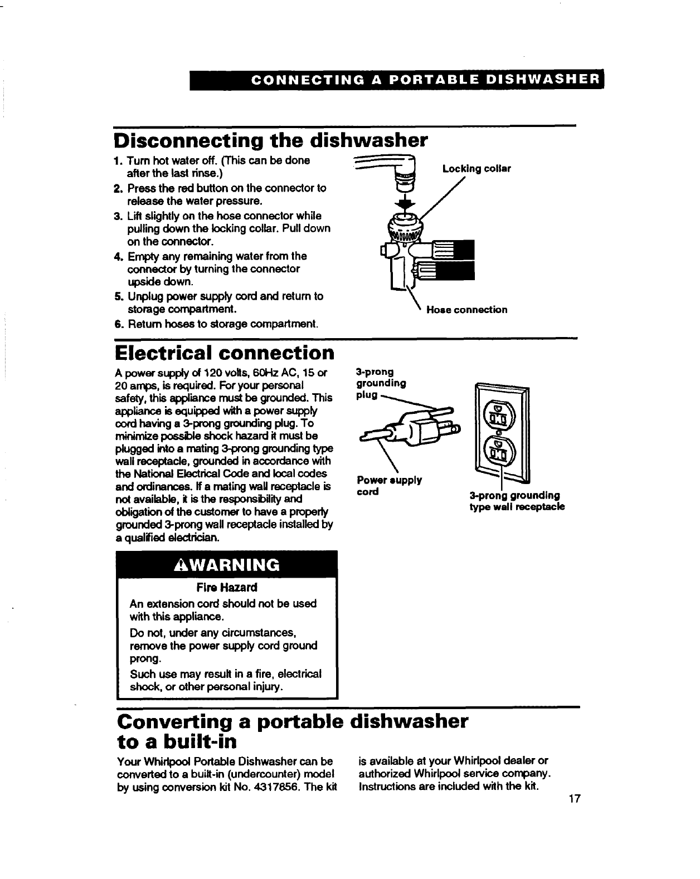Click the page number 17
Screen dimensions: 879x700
pos(575,799)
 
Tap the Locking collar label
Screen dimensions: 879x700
pos(476,168)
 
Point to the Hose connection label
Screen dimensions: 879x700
pos(466,310)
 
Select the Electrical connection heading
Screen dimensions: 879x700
pos(224,353)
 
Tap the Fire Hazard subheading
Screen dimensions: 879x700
pos(226,588)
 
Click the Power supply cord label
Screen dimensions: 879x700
pos(388,486)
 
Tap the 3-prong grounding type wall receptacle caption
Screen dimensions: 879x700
pos(517,501)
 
